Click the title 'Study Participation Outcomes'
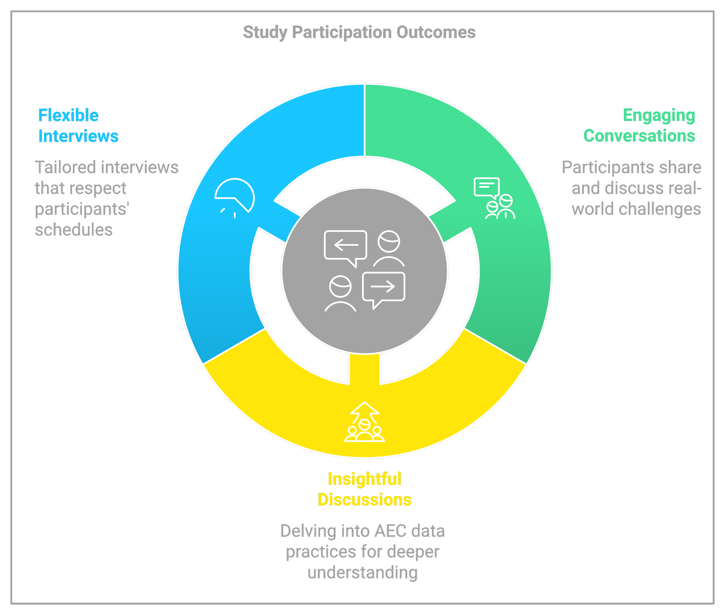pyautogui.click(x=359, y=32)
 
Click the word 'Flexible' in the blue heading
pyautogui.click(x=68, y=115)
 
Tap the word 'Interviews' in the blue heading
pyautogui.click(x=78, y=136)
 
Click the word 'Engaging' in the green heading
pyautogui.click(x=659, y=115)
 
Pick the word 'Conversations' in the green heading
pyautogui.click(x=639, y=136)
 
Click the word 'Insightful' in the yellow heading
pyautogui.click(x=364, y=479)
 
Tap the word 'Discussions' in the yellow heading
pyautogui.click(x=364, y=500)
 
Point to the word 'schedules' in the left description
pyautogui.click(x=74, y=230)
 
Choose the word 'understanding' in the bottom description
pyautogui.click(x=362, y=572)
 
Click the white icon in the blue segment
pyautogui.click(x=235, y=197)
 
